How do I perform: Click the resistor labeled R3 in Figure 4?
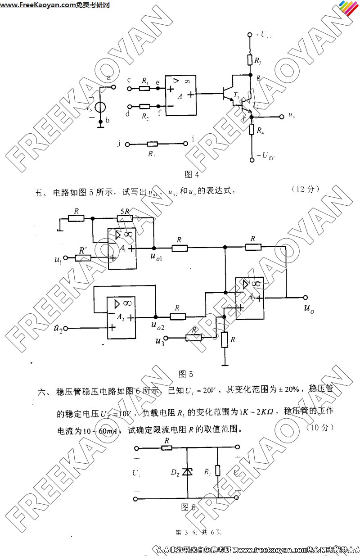[x=250, y=60]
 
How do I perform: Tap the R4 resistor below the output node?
[x=251, y=131]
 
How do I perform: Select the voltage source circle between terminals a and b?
[x=100, y=108]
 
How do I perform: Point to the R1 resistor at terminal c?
[x=144, y=88]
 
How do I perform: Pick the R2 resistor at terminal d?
[x=144, y=107]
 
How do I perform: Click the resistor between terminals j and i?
[x=152, y=144]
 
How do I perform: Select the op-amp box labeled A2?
[x=121, y=318]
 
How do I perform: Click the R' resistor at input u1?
[x=84, y=258]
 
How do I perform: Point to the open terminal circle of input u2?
[x=66, y=328]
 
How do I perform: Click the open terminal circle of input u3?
[x=166, y=338]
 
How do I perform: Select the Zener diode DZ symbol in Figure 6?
[x=187, y=472]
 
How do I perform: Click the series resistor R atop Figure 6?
[x=167, y=448]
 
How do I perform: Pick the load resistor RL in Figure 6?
[x=218, y=471]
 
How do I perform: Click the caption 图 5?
[x=185, y=374]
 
